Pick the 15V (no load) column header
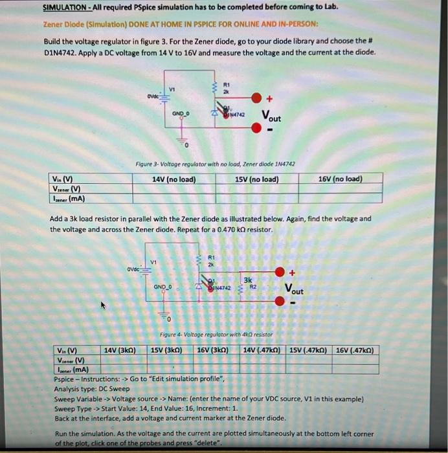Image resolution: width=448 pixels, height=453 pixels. click(x=257, y=179)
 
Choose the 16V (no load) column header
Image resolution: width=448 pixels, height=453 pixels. click(x=341, y=179)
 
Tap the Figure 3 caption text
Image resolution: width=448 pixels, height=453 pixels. click(x=215, y=165)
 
